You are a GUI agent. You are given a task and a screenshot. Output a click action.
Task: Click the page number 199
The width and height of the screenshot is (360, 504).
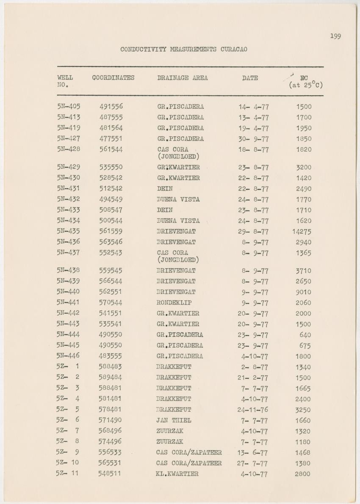335,36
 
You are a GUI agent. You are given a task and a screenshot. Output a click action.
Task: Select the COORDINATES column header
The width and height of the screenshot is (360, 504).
113,77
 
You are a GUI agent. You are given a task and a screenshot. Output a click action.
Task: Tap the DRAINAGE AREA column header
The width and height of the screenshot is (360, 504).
182,78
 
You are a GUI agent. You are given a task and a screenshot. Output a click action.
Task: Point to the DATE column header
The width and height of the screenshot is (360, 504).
250,78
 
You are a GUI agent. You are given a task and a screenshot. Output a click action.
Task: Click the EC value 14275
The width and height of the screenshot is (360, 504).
302,231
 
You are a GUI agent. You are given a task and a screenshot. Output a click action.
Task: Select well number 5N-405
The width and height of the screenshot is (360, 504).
69,106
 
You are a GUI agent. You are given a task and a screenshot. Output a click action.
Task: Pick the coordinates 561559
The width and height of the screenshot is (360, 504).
111,231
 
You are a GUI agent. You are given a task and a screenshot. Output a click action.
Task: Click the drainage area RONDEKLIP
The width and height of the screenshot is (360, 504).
174,303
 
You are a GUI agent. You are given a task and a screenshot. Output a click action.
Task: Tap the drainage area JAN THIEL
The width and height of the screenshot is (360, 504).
173,420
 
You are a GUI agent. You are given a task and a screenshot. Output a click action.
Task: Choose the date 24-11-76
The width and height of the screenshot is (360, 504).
253,410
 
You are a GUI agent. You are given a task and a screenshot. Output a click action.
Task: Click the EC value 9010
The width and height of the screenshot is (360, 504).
303,292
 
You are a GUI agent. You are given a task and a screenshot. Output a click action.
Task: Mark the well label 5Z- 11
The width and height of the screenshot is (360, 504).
67,473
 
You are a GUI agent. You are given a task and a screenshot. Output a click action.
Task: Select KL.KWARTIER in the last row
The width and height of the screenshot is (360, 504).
177,474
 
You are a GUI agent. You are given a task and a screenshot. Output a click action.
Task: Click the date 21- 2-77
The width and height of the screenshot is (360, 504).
253,377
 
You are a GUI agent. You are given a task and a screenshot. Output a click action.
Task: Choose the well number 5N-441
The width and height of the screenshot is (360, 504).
69,302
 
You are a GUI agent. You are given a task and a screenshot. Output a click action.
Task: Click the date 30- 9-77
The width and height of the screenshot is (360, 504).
253,139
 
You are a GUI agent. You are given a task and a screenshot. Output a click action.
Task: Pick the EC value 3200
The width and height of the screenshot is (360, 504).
303,167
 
